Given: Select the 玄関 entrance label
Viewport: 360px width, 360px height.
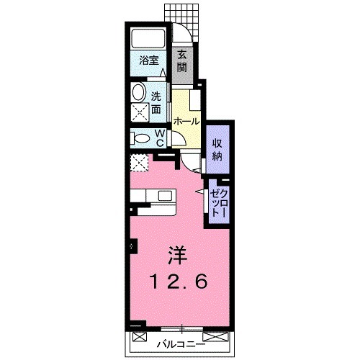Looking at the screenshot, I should pyautogui.click(x=183, y=62).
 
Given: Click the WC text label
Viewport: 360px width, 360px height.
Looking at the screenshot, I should pyautogui.click(x=161, y=138).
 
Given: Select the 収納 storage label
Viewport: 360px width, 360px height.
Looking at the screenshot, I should pyautogui.click(x=217, y=148).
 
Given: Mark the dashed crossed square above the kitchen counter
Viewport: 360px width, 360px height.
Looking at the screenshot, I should pyautogui.click(x=138, y=163).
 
